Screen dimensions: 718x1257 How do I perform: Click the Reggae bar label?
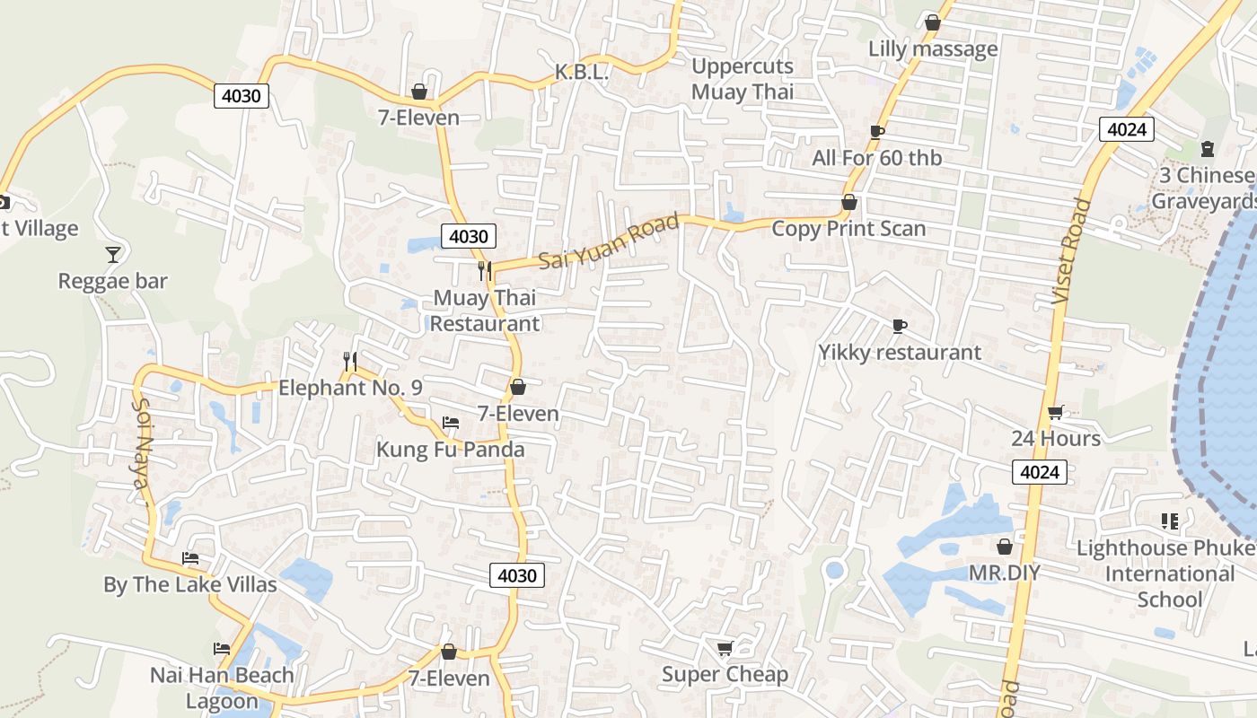point(113,281)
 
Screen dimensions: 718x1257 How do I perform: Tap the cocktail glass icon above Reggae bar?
point(113,255)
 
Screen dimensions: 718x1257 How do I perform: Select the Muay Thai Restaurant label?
point(485,310)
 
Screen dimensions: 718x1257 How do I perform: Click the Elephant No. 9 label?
point(350,388)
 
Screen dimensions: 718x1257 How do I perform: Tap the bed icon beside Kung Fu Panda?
point(451,422)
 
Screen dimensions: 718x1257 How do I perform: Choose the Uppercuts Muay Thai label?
point(743,79)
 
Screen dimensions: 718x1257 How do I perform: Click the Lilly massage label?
point(933,48)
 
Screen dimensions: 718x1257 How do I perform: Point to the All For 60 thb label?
point(877,158)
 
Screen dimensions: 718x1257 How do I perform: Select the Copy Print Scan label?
point(848,229)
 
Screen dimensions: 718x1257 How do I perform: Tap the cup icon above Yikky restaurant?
point(900,326)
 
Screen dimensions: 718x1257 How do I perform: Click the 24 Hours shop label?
point(1056,438)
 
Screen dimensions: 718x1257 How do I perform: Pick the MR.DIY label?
point(1004,573)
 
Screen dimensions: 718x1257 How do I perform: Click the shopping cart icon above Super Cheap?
point(725,648)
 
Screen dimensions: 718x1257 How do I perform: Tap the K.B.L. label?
point(582,72)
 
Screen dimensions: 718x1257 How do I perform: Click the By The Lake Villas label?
point(190,585)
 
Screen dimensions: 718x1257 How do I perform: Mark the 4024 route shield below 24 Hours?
point(1040,471)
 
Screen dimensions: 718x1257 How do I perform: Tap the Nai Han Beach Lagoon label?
point(222,687)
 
